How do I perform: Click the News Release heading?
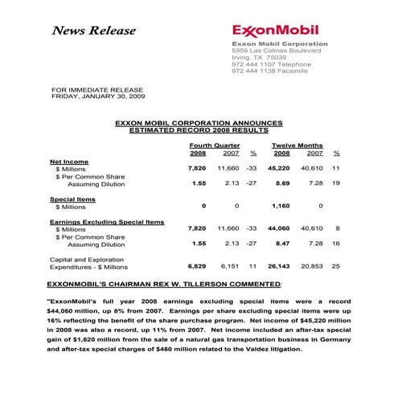tap(87, 31)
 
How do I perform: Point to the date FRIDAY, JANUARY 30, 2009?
tap(98, 96)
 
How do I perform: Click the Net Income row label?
tap(69, 161)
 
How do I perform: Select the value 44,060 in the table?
tap(277, 228)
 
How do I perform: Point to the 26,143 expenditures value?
tap(277, 265)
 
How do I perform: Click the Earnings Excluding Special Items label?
tap(107, 220)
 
